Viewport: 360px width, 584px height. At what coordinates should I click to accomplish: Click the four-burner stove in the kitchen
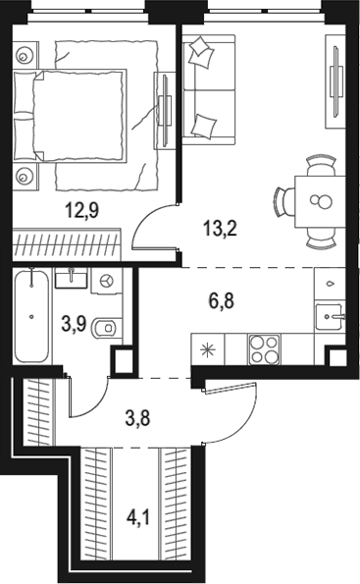point(264,347)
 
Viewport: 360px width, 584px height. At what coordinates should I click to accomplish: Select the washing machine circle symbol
point(106,281)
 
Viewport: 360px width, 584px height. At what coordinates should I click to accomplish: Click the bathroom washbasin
point(71,278)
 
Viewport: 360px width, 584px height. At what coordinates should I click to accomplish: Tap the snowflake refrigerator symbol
point(207,347)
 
